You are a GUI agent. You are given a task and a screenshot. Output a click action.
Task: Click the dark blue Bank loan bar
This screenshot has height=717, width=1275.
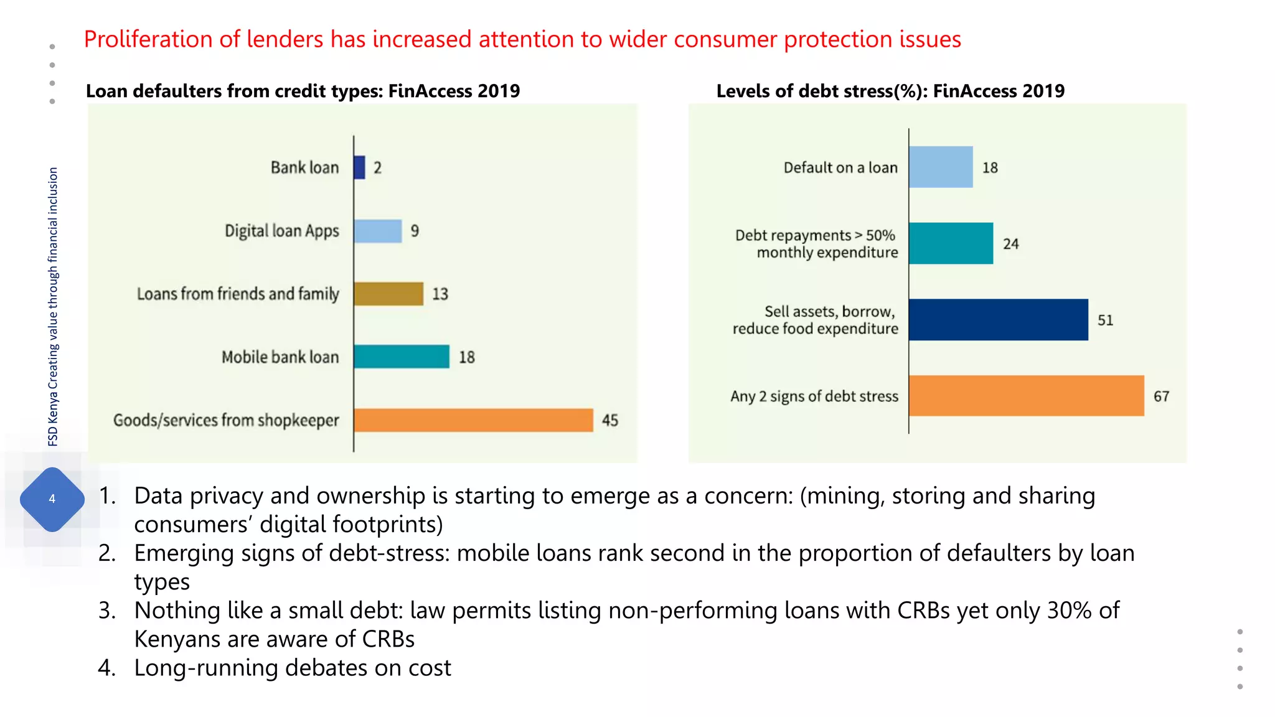pos(359,167)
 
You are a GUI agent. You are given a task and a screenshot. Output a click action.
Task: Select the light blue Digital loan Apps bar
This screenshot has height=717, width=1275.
pos(378,231)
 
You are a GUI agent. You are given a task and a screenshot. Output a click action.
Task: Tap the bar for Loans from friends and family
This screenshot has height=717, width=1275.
pos(388,294)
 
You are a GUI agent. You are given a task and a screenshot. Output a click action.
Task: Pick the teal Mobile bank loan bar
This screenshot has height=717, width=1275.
pos(402,357)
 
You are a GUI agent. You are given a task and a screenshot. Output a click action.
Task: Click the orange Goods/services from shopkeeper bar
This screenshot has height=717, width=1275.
pos(473,420)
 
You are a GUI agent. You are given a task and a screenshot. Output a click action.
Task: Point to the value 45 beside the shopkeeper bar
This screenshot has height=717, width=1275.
pos(609,421)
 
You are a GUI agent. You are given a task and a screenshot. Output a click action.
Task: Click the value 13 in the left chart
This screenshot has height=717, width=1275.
pos(440,294)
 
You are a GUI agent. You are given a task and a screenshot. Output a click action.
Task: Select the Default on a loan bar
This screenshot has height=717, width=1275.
pos(941,167)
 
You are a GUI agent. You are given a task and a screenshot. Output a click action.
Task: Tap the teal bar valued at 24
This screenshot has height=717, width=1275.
pos(951,243)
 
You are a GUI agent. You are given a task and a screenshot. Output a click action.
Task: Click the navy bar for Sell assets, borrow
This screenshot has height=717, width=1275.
pos(998,319)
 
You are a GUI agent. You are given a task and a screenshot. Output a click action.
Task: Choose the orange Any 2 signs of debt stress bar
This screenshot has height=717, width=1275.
pos(1026,396)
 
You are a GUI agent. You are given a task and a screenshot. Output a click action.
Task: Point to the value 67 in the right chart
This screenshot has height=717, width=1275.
pos(1161,396)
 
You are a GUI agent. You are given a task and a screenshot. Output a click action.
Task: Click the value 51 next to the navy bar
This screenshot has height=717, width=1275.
pos(1105,320)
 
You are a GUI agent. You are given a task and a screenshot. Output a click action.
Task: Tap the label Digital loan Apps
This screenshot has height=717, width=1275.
pos(281,231)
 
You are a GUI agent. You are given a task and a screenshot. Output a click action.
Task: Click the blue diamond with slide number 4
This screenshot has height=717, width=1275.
pos(52,499)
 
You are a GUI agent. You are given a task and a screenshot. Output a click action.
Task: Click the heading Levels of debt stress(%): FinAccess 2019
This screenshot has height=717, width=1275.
pos(890,91)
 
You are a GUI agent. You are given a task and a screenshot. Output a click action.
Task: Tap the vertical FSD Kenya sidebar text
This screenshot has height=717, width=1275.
pos(53,306)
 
